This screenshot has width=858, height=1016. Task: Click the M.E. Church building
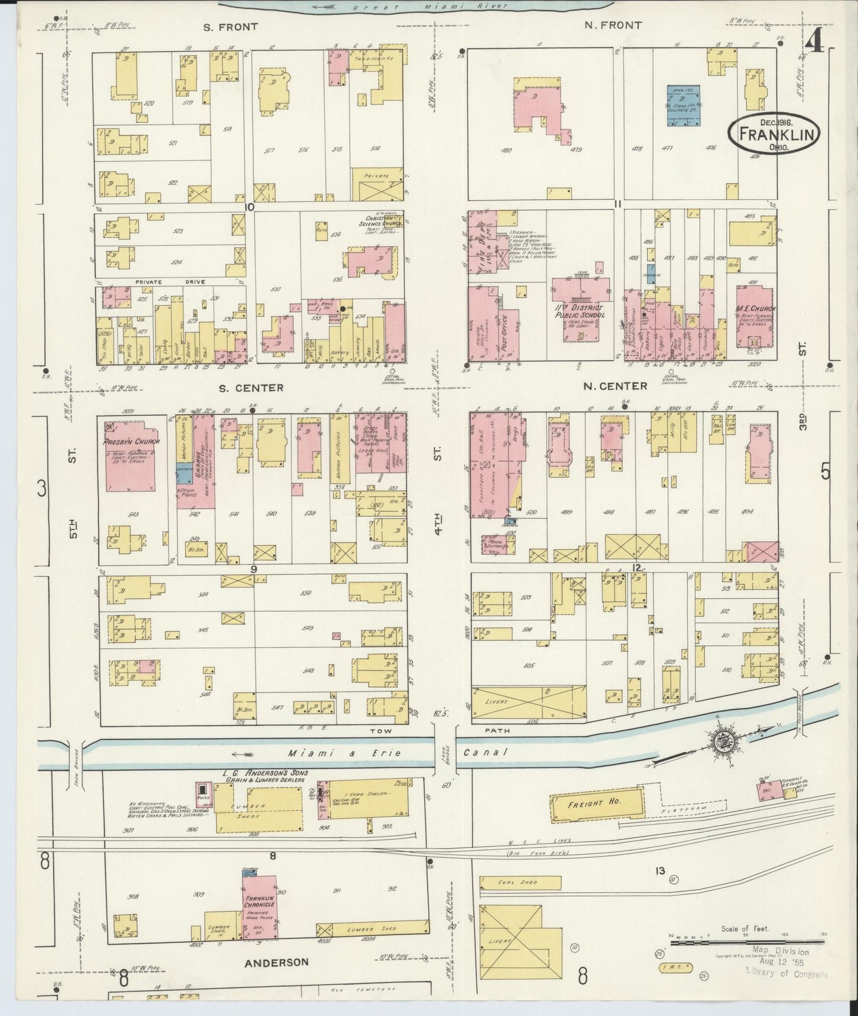pyautogui.click(x=755, y=318)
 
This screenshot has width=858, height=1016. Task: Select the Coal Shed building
pyautogui.click(x=520, y=882)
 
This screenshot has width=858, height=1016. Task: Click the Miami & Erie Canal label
pyautogui.click(x=397, y=753)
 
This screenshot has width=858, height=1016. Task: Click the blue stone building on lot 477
pyautogui.click(x=683, y=105)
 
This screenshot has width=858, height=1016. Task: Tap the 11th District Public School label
pyautogui.click(x=579, y=312)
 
